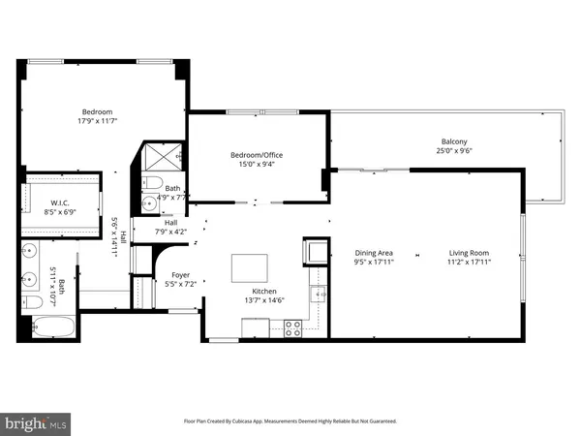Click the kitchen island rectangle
pyautogui.click(x=249, y=267)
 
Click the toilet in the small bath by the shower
pyautogui.click(x=154, y=184)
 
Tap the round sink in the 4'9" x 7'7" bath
pyautogui.click(x=149, y=203)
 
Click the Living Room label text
pyautogui.click(x=470, y=253)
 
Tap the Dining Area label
pyautogui.click(x=373, y=253)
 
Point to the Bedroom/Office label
pyautogui.click(x=256, y=155)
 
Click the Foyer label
pyautogui.click(x=180, y=275)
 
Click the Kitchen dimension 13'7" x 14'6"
pyautogui.click(x=264, y=300)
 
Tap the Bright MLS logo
pyautogui.click(x=37, y=422)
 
